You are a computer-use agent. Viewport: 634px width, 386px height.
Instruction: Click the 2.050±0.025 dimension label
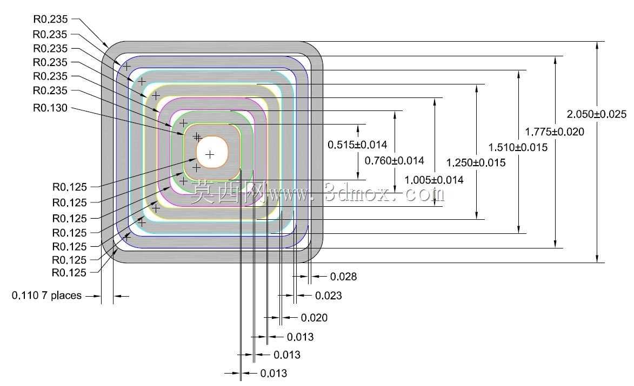596,114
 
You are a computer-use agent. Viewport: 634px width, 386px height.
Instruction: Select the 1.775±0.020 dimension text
555,132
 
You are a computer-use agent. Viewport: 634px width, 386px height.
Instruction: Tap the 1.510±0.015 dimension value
518,147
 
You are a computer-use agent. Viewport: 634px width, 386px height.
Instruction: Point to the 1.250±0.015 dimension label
476,163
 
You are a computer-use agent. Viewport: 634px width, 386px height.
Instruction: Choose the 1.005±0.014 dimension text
434,180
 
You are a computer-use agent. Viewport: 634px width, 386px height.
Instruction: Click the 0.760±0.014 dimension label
394,161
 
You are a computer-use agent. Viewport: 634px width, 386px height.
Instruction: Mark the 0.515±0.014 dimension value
357,145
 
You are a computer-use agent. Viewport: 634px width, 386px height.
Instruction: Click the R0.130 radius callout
50,108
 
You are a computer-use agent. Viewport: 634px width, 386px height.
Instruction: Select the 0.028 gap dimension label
343,277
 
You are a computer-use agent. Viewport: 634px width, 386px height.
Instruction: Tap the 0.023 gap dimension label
328,296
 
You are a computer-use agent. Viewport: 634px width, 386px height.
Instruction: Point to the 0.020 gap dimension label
314,318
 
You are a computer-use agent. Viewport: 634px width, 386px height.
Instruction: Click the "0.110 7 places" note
46,296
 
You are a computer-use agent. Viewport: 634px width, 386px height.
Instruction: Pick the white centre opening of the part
212,152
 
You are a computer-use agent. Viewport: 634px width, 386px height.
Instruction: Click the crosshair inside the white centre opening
210,154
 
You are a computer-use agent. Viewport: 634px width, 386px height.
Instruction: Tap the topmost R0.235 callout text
51,19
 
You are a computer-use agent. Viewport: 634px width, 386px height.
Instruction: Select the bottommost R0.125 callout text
69,273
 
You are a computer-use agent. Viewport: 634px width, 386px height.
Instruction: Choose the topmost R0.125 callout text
70,187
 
